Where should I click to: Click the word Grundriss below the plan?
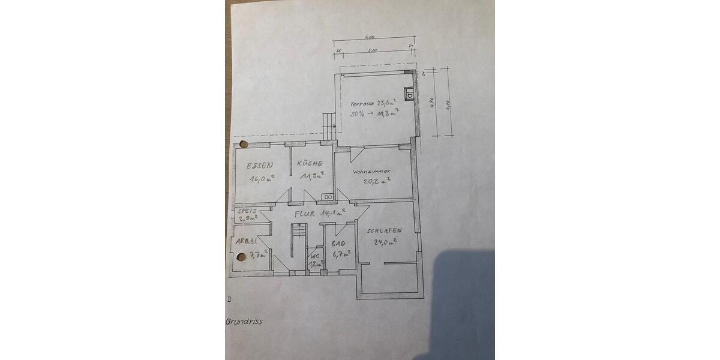244,321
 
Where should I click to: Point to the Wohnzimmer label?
372,171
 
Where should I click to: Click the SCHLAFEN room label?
384,231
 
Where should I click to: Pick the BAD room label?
338,244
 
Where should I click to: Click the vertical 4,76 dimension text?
432,100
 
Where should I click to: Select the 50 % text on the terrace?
358,114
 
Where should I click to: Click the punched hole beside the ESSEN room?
244,145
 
